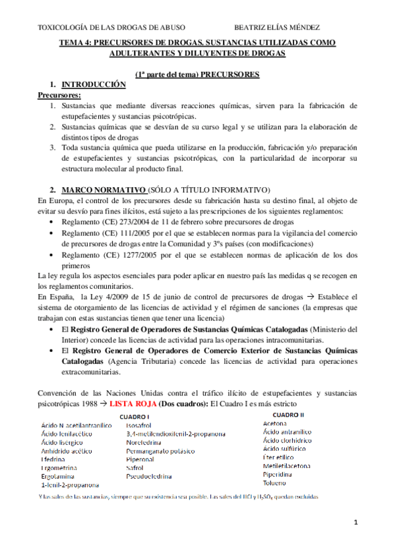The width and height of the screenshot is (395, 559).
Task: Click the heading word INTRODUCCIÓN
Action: click(x=93, y=85)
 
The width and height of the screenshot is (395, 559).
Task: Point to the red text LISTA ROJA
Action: click(x=132, y=403)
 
